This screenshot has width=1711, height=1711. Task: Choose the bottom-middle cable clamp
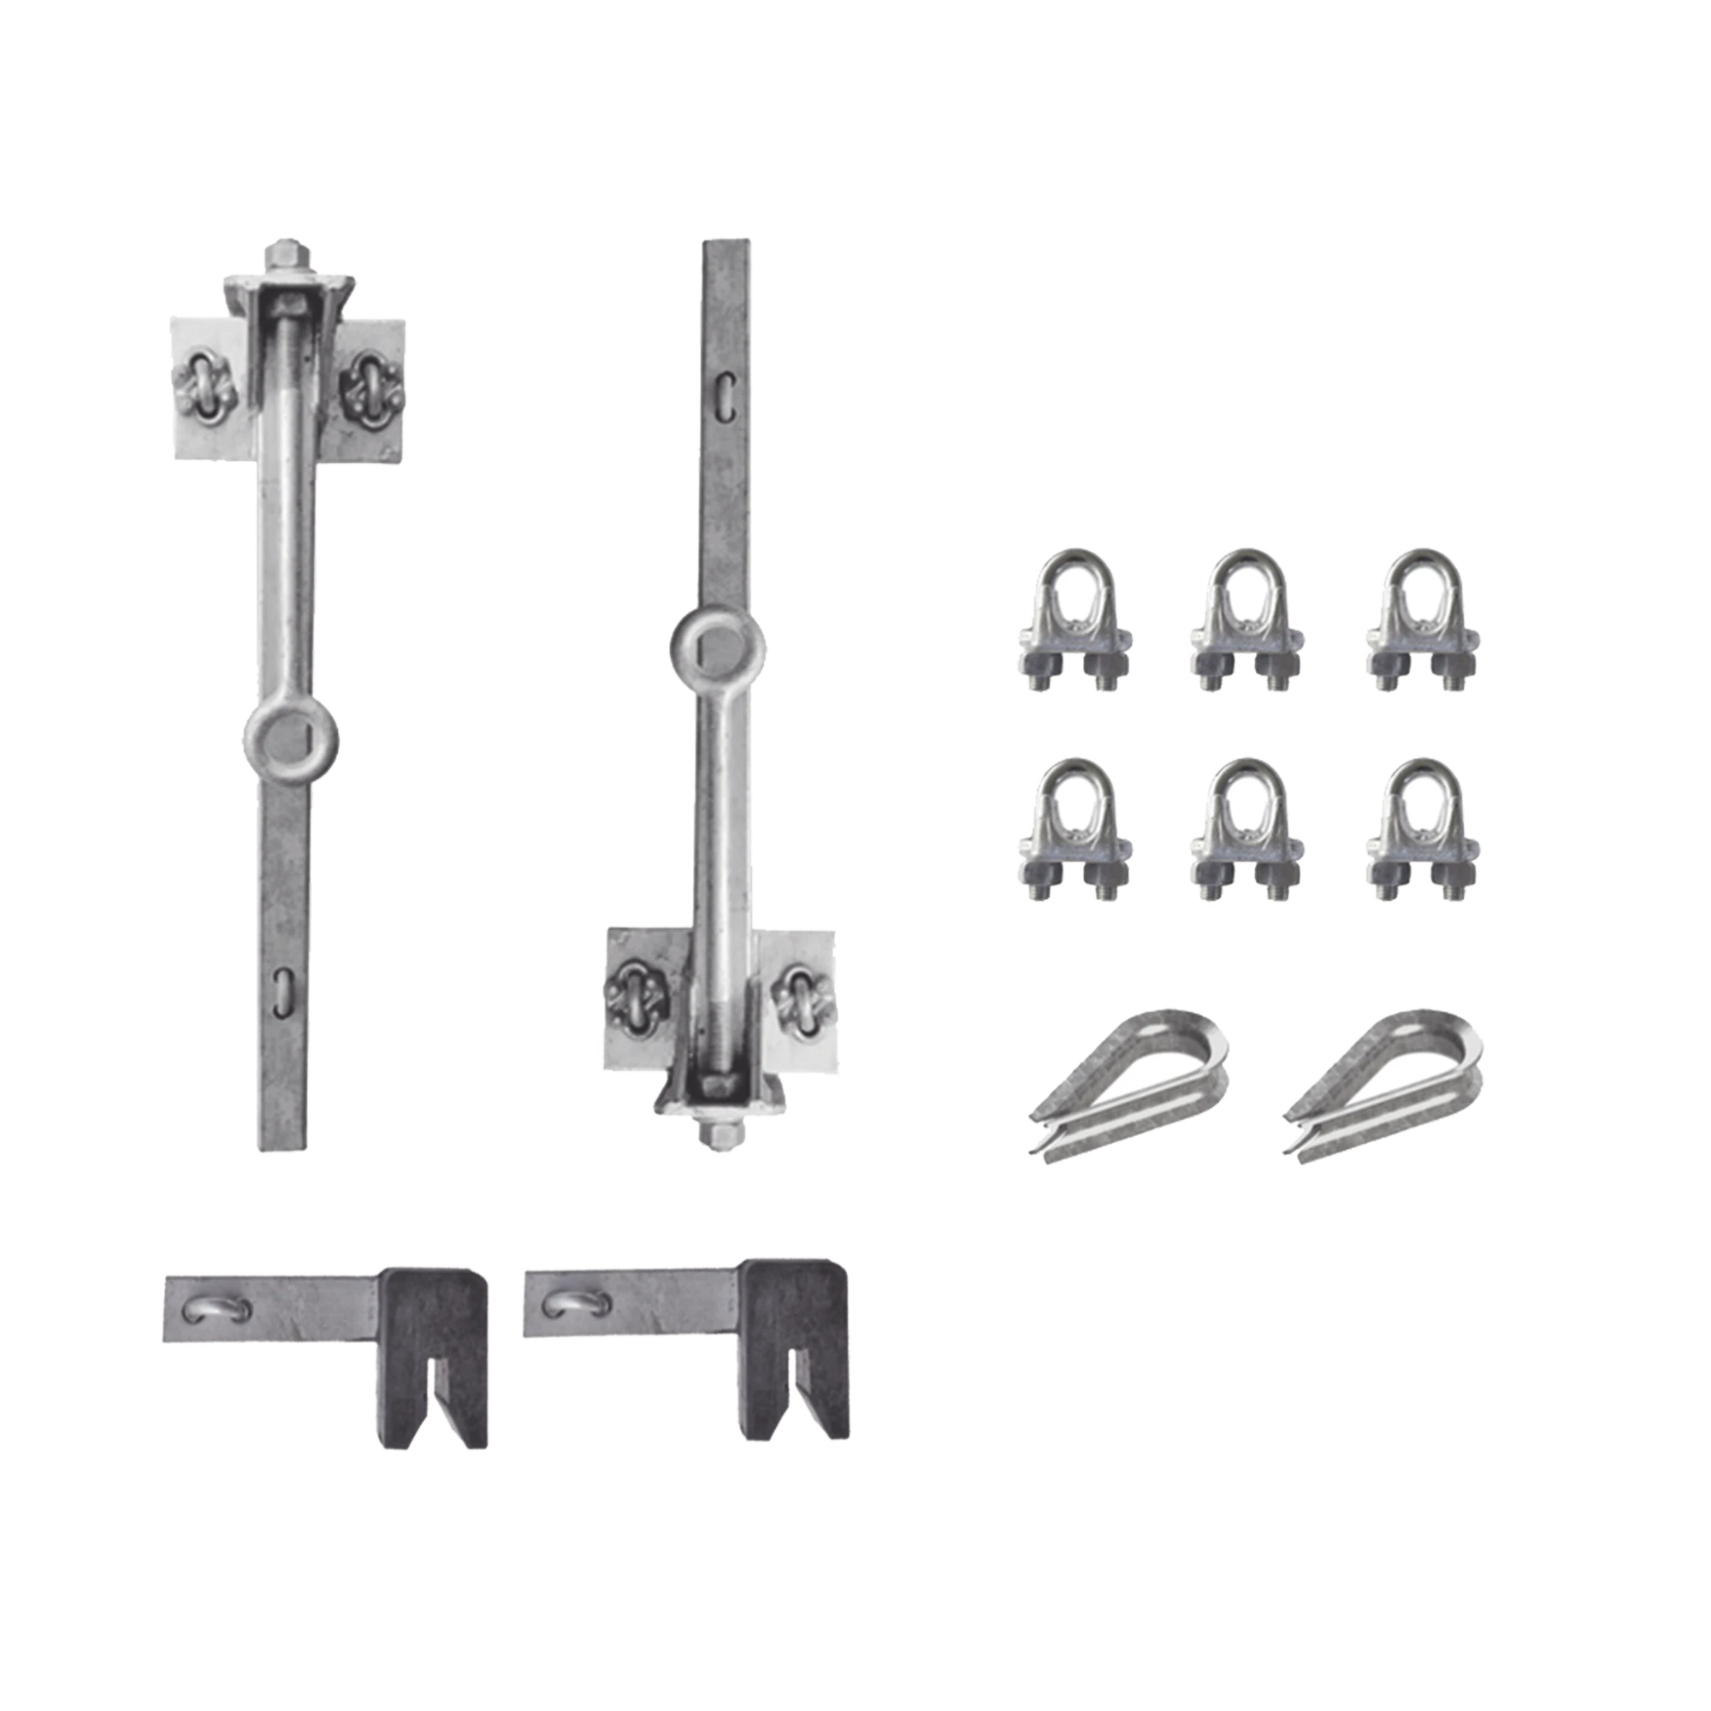click(x=1248, y=829)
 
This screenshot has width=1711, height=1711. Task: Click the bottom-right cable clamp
click(x=1424, y=829)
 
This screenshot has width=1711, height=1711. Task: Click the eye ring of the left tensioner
click(x=290, y=737)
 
